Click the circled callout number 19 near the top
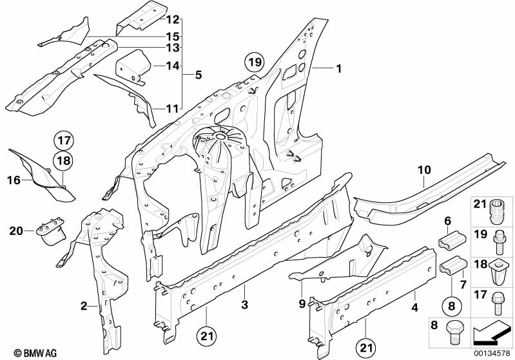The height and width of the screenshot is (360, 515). pos(255,62)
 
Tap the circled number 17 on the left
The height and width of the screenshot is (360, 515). pos(64,140)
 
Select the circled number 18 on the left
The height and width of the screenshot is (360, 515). pos(63,161)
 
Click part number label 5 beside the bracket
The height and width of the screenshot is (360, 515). pos(198,75)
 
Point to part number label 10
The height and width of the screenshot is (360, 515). pos(424,170)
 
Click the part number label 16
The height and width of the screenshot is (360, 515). pos(14,180)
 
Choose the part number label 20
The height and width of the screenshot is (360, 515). pos(16,231)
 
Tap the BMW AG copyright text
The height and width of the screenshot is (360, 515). pos(35,353)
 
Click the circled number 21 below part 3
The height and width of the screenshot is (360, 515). pos(207,336)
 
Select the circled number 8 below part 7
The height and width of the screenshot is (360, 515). pos(451,306)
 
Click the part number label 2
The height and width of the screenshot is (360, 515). pos(84,306)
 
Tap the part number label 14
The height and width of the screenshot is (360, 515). pos(173,66)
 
